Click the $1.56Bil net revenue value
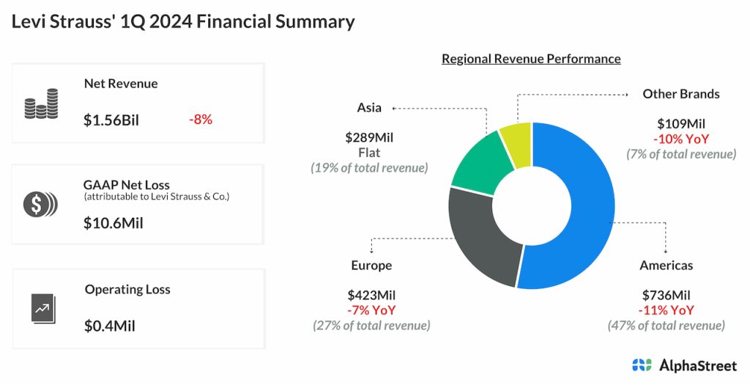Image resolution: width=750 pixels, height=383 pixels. [x=111, y=120]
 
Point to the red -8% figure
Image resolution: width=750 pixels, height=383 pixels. [x=200, y=120]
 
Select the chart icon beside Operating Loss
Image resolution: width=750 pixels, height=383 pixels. [x=40, y=307]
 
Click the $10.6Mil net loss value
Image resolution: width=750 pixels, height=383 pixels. [x=114, y=223]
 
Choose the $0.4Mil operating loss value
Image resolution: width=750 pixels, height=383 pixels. [x=109, y=326]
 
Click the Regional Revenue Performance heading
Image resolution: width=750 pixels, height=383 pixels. [x=531, y=59]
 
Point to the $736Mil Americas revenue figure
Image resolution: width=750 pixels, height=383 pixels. [x=666, y=295]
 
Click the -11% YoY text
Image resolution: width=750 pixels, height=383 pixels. [x=666, y=310]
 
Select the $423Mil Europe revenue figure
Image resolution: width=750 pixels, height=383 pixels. [x=371, y=295]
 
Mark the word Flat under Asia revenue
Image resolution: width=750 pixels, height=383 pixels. [x=369, y=153]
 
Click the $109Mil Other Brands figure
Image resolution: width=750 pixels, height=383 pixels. [x=681, y=124]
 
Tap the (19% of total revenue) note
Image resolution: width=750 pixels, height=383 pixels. [x=369, y=168]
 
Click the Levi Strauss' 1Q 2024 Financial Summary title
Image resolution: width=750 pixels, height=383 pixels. [x=183, y=21]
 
